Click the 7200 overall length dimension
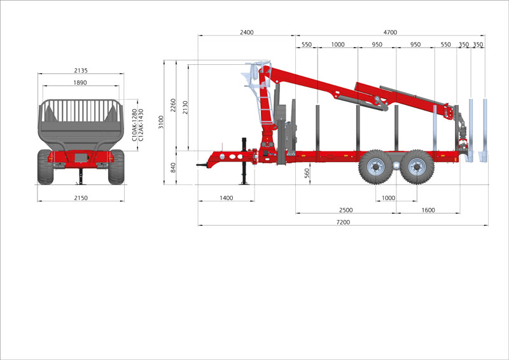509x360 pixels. [343, 222]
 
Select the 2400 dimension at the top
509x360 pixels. [247, 32]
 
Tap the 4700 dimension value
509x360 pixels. [390, 32]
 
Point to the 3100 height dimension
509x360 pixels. [161, 121]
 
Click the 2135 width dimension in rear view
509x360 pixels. [81, 70]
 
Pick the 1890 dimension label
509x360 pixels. [80, 83]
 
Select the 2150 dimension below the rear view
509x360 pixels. [81, 198]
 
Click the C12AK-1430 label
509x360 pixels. [141, 125]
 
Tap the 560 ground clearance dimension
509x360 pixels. [307, 174]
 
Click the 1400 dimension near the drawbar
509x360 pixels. [227, 198]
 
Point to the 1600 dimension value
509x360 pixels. [428, 210]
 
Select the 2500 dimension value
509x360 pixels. [345, 210]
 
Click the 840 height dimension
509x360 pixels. [173, 167]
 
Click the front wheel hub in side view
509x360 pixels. [376, 167]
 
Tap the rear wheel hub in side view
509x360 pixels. [417, 167]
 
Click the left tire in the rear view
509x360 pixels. [45, 167]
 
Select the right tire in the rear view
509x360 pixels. [116, 167]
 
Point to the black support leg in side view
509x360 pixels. [244, 162]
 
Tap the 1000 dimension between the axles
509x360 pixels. [388, 198]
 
